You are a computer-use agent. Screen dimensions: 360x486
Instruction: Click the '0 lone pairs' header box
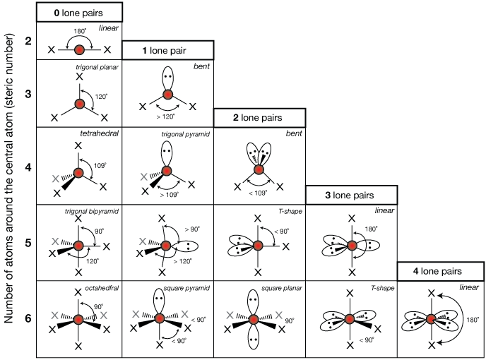coord(79,12)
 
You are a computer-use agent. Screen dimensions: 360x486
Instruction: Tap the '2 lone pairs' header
coord(259,118)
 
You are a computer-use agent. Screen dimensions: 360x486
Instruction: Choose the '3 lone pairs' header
coord(350,195)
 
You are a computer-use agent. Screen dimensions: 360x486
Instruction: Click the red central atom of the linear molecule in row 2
coord(79,50)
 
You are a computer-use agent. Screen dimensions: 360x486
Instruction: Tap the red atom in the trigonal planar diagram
coord(79,104)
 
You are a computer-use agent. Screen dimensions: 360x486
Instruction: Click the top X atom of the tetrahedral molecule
coord(79,145)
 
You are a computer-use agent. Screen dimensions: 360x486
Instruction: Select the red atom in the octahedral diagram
coord(79,319)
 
